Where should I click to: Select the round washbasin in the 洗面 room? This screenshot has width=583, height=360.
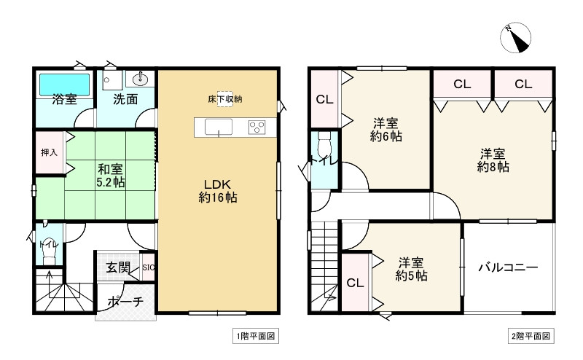pos(140,79)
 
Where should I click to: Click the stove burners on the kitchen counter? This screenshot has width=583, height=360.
pos(257,127)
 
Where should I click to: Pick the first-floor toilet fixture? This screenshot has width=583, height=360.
pos(49,248)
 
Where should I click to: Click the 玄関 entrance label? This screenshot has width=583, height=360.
pos(118,267)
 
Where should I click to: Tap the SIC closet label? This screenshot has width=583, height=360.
pos(148,267)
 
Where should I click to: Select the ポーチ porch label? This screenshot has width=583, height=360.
pos(125,301)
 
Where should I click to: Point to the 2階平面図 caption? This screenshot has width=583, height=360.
pos(531,336)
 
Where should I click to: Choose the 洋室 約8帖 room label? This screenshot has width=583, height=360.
pos(493,160)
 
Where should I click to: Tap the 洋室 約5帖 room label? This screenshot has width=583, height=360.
pos(412,269)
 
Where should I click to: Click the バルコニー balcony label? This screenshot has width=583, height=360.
pos(508,267)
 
